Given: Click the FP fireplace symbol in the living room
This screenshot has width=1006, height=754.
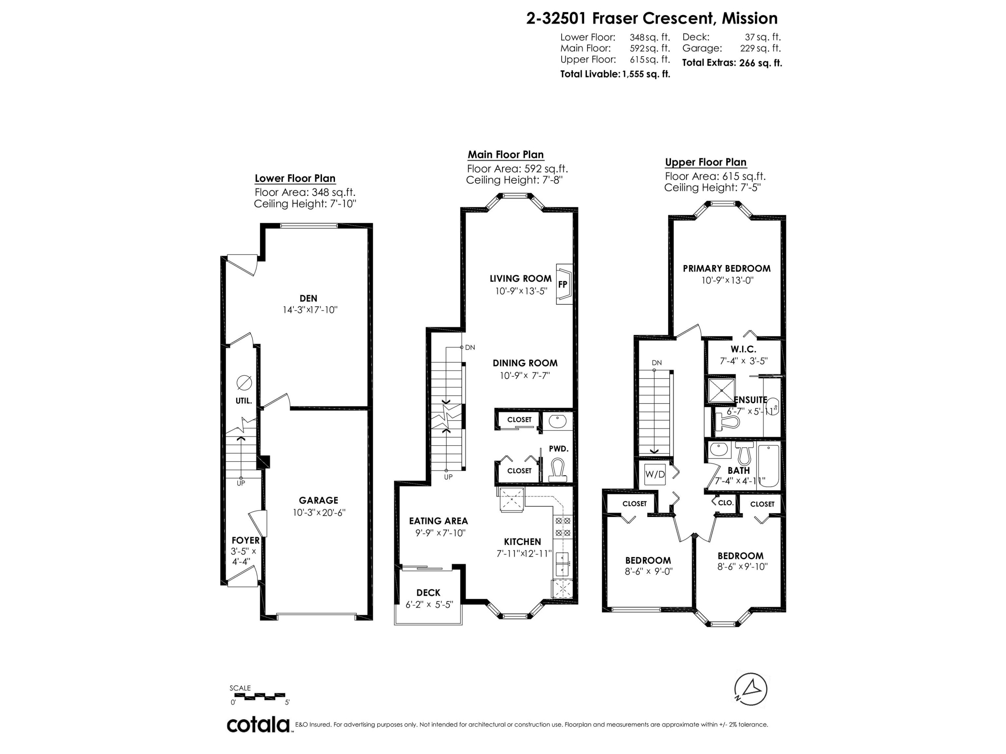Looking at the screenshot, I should (563, 285).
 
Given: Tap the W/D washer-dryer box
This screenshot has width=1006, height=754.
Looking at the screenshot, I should (655, 475).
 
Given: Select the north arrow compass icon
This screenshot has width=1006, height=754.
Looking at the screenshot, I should (751, 689).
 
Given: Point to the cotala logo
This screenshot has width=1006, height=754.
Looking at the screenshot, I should (258, 725).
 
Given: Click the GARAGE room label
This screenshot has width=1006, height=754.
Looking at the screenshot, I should (318, 500).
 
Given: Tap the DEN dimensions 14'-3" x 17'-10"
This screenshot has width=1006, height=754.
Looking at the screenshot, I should (310, 310).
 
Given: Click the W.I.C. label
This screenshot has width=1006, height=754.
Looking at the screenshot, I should (743, 350).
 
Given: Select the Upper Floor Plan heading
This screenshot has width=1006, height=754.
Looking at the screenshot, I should (706, 162).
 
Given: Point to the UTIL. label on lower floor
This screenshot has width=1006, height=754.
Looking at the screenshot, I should (243, 401).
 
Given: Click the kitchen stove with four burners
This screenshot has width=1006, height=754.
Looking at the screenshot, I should (562, 527).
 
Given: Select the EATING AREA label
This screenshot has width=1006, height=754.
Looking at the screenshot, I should (438, 521).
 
